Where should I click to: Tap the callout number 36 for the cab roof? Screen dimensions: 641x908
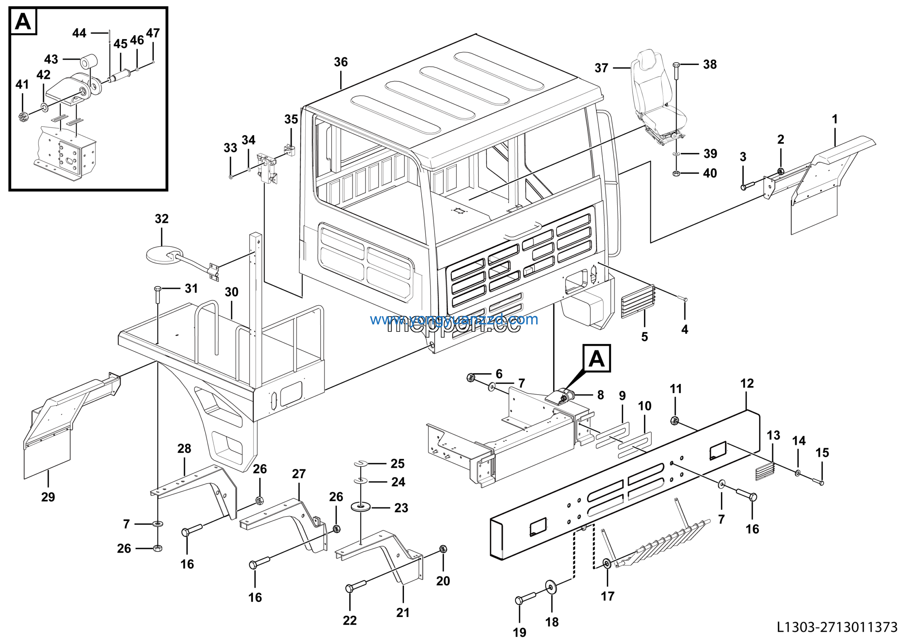coord(340,62)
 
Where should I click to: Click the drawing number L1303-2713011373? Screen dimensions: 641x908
coord(837,627)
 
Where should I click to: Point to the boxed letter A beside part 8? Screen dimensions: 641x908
coord(596,358)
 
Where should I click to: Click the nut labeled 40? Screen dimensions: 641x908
coord(676,173)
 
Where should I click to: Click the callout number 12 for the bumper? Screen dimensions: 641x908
coord(747,383)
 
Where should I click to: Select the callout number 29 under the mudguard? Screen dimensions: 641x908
coord(48,497)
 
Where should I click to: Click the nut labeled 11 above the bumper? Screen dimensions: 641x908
coord(675,420)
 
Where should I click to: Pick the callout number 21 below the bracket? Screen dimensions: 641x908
coord(403,613)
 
